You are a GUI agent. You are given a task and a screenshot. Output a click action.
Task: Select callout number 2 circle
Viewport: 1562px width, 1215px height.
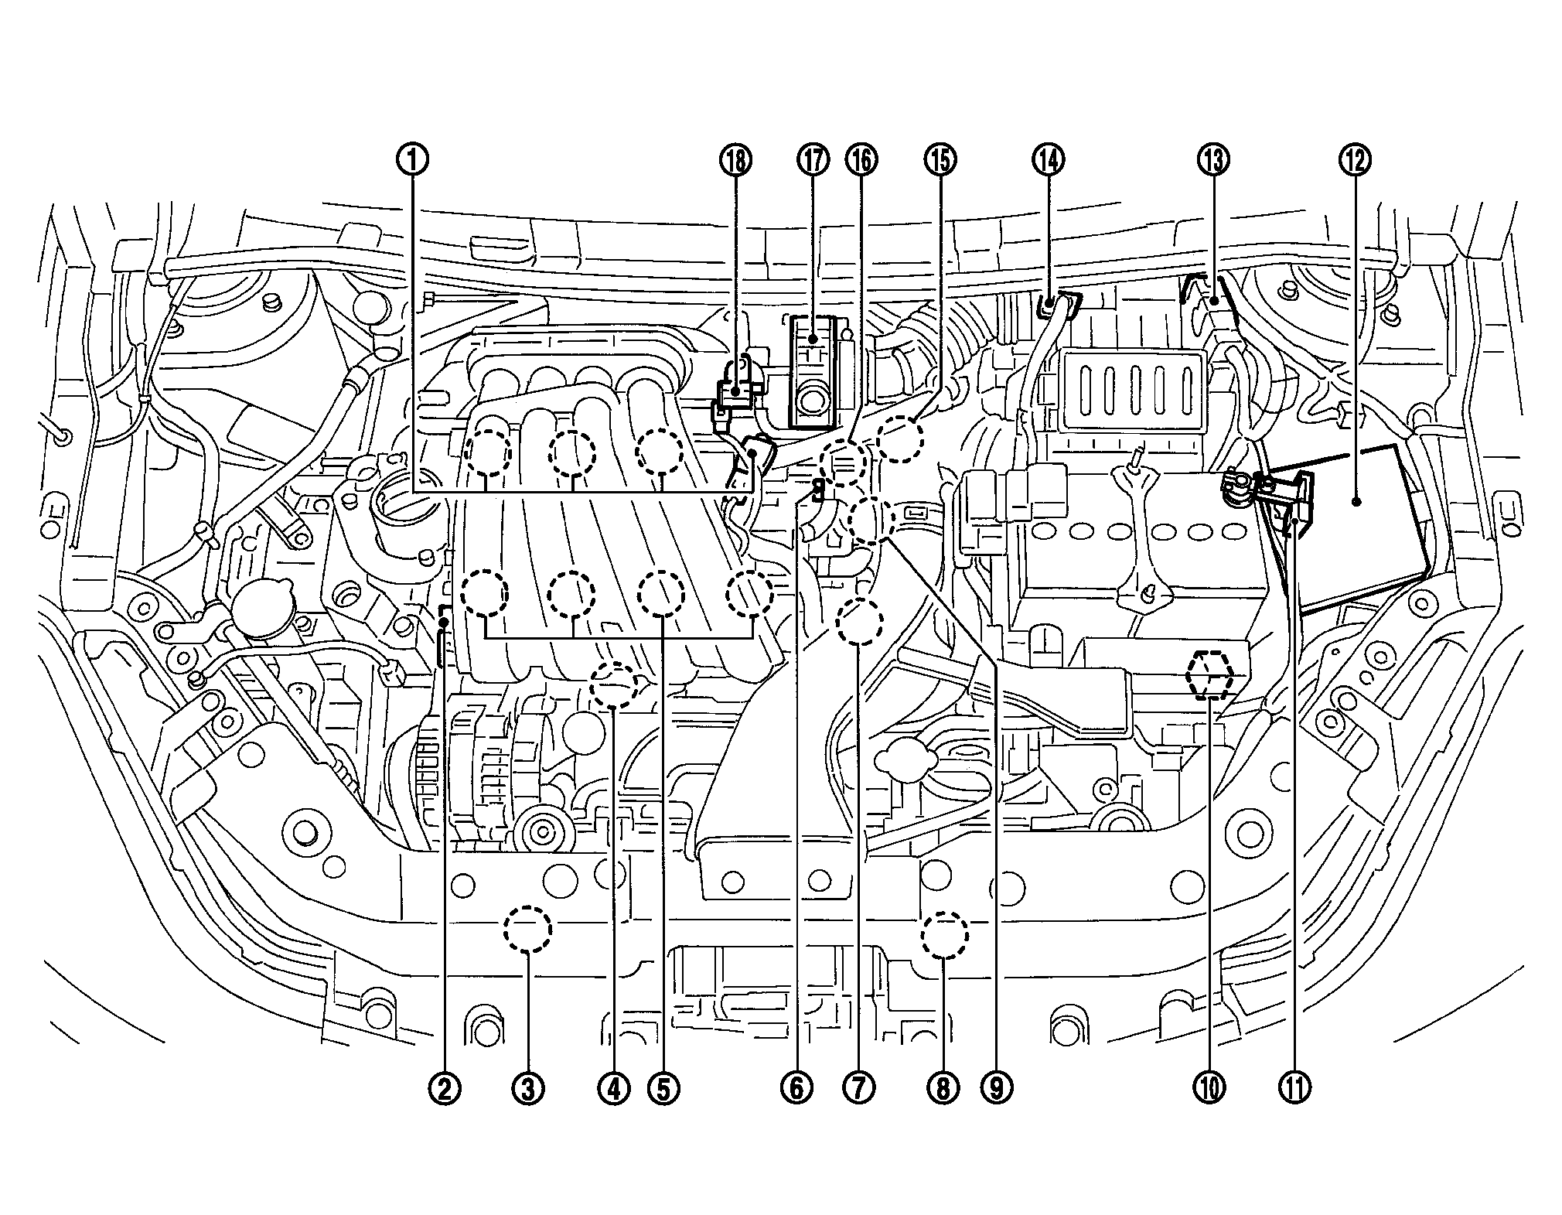click(445, 1088)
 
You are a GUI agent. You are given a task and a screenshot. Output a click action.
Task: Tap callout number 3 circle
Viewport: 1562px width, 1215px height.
click(528, 1088)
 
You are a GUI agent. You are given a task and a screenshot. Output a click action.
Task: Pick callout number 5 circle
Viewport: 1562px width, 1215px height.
click(663, 1088)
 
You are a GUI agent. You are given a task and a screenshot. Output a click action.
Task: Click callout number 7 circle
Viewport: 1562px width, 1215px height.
click(859, 1088)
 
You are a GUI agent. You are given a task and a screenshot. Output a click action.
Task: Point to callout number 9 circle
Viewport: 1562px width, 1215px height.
click(995, 1088)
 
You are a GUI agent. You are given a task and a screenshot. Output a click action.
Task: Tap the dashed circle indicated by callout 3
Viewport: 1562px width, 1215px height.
click(528, 928)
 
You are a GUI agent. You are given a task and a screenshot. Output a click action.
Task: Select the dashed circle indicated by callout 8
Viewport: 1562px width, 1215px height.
click(944, 936)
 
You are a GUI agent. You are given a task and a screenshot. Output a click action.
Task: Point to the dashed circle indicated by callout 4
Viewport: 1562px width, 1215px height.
click(614, 685)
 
